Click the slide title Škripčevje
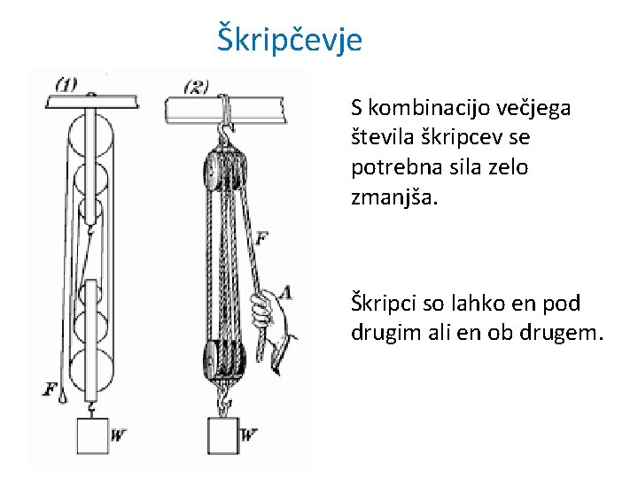coord(290,40)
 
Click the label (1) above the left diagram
coord(66,85)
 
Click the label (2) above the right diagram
coord(196,87)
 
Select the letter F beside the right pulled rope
coord(261,237)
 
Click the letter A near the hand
coord(285,293)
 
